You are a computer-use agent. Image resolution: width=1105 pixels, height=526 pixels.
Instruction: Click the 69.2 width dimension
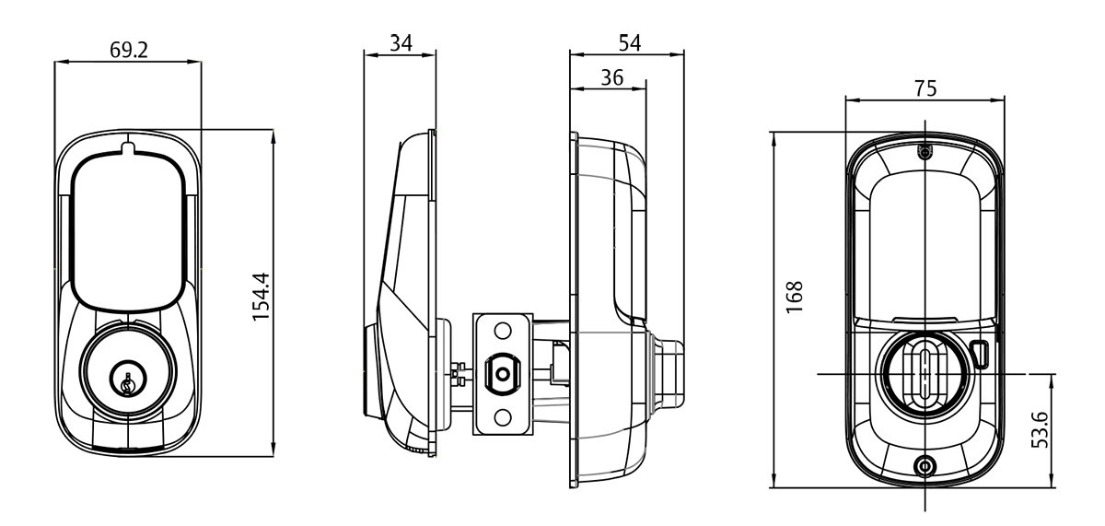click(128, 50)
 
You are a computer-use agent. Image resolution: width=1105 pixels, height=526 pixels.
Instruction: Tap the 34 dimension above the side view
click(401, 43)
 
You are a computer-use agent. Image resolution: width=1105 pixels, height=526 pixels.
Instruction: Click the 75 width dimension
click(925, 88)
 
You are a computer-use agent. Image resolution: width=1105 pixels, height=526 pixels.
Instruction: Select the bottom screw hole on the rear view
click(925, 465)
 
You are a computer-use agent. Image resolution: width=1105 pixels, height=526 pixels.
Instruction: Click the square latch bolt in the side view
click(501, 374)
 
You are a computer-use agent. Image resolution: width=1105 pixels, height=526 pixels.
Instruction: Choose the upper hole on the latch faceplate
click(502, 330)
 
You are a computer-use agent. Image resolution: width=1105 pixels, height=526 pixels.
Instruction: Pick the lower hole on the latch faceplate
click(502, 418)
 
